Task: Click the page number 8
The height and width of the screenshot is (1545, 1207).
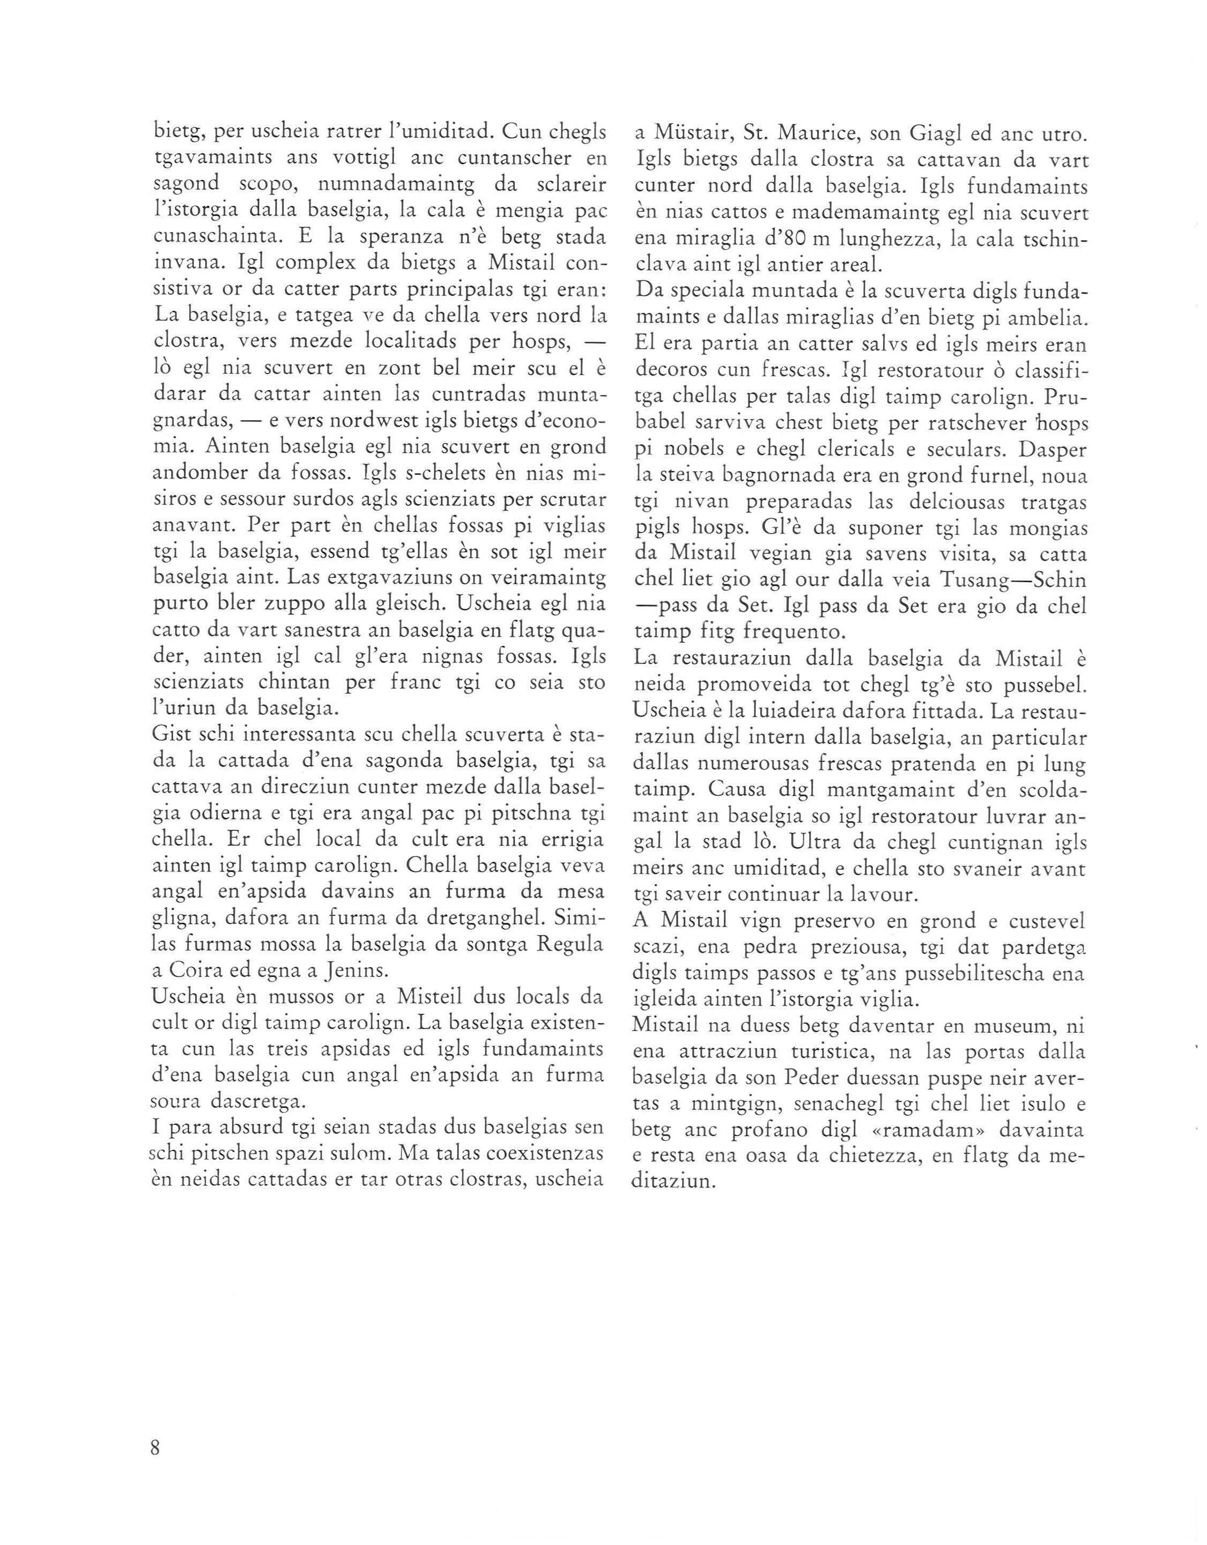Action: [x=156, y=1447]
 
